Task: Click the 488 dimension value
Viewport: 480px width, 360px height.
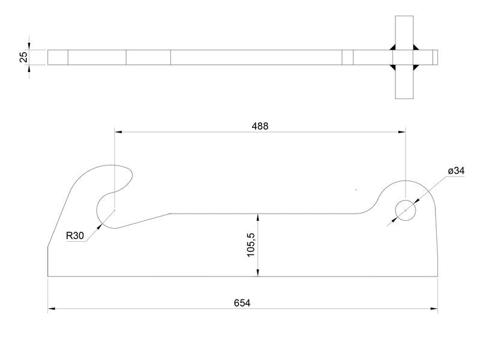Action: point(260,126)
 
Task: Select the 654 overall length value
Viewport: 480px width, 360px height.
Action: point(242,303)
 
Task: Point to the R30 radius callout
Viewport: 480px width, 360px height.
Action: point(75,236)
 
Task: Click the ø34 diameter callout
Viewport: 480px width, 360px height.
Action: point(456,172)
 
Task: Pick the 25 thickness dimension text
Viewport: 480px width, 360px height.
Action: point(23,57)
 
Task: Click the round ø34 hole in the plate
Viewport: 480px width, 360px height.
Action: point(406,209)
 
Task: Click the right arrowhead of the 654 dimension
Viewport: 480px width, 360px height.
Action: point(434,308)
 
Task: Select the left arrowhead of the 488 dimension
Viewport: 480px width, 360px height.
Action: point(118,131)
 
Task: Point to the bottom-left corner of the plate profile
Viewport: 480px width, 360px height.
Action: point(48,277)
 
